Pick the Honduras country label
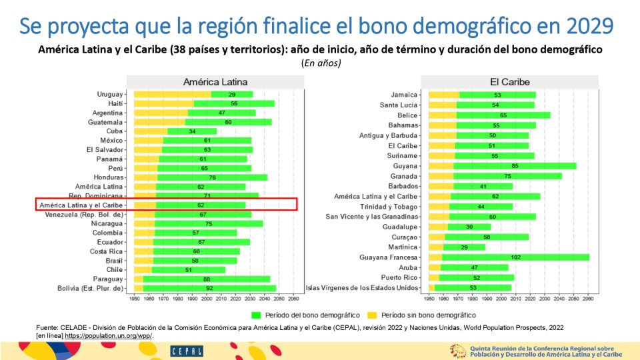pyautogui.click(x=105, y=177)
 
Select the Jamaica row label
pyautogui.click(x=404, y=95)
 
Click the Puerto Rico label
pyautogui.click(x=399, y=277)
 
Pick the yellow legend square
pyautogui.click(x=372, y=314)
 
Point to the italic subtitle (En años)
pyautogui.click(x=321, y=63)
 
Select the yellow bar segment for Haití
pyautogui.click(x=163, y=104)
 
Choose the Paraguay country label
pyautogui.click(x=107, y=279)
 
